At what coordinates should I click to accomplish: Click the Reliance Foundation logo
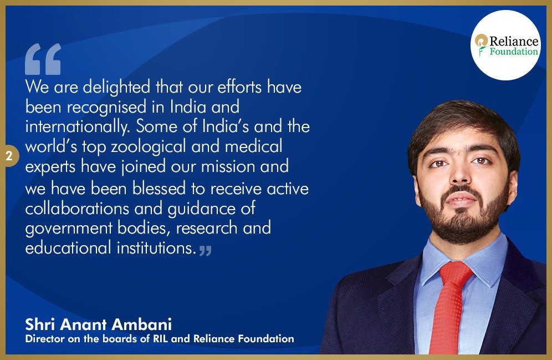(x=505, y=45)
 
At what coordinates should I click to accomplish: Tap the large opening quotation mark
(x=43, y=59)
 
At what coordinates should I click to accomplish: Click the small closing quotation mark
(x=205, y=251)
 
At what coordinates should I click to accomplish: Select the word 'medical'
(x=253, y=146)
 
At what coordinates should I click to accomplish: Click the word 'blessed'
(x=159, y=189)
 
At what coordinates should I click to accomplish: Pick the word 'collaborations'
(x=77, y=208)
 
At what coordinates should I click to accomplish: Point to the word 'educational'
(x=68, y=247)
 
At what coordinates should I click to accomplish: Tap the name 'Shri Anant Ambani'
(x=99, y=324)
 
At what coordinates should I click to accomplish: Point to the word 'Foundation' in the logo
(x=514, y=52)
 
